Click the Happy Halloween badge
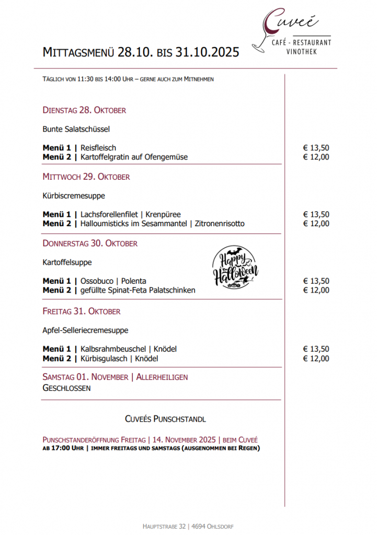pos(236,266)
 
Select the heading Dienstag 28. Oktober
pos(84,110)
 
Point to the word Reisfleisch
pos(98,148)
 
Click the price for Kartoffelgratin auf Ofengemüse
pos(316,157)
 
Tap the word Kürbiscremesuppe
pos(74,196)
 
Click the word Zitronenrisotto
pos(219,224)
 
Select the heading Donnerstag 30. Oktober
pos(90,243)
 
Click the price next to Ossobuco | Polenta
pos(316,281)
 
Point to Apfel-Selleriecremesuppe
pos(85,330)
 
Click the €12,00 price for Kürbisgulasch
pos(316,358)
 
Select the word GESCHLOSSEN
pos(66,388)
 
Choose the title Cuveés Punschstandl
pos(165,419)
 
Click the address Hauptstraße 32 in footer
pos(164,526)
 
